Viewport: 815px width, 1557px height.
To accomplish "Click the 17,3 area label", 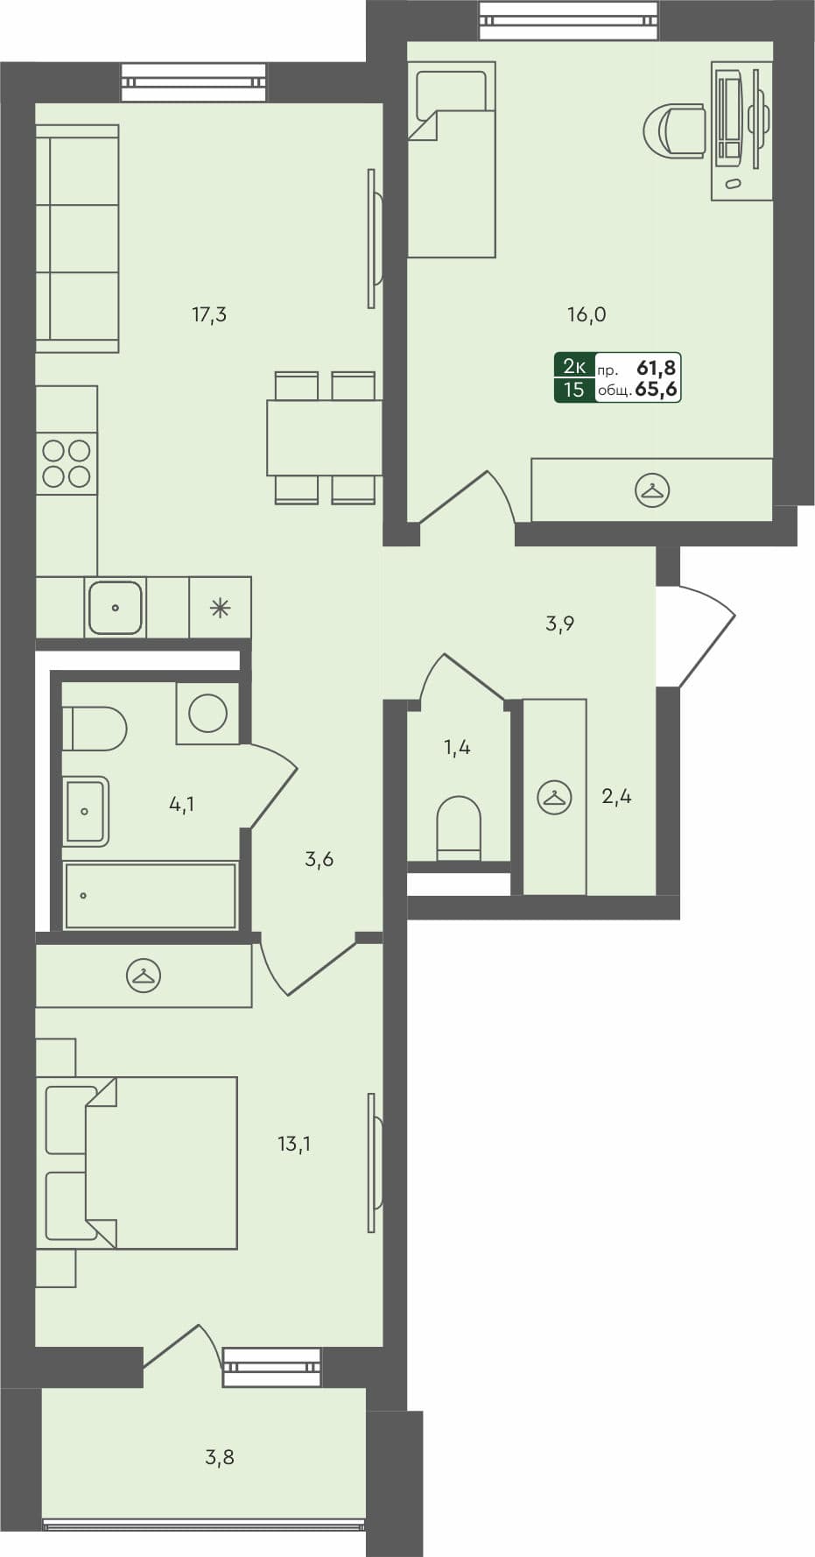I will (x=209, y=314).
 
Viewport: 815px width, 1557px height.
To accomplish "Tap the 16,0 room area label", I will (x=587, y=314).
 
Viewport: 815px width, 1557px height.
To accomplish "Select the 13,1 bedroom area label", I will (x=294, y=1144).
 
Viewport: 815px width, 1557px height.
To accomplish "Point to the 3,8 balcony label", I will (x=220, y=1457).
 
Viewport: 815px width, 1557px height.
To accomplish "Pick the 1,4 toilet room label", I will (x=457, y=747).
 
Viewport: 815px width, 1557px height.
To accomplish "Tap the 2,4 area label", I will (x=616, y=796).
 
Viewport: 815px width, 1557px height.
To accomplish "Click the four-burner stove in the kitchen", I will (x=67, y=463).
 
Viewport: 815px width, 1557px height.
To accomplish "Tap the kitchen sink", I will (x=115, y=607).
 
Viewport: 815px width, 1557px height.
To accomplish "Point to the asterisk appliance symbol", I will (x=220, y=607).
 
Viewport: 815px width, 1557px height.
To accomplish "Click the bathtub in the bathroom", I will (x=150, y=896).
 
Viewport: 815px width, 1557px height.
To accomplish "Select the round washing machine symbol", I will (x=208, y=714).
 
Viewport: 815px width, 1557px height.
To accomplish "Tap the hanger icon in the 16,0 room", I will (x=651, y=490).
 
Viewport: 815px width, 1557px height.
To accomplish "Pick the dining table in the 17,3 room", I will (x=324, y=438).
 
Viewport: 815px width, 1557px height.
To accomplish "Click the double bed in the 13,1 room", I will (x=162, y=1162).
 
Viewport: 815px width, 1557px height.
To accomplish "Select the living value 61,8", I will (x=657, y=368).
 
